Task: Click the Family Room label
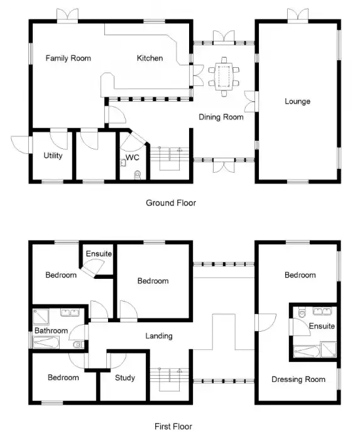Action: click(x=68, y=58)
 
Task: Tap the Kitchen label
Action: click(x=150, y=58)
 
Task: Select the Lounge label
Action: click(x=297, y=101)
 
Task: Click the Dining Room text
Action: click(x=221, y=117)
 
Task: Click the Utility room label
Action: click(x=53, y=156)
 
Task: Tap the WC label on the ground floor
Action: click(x=133, y=158)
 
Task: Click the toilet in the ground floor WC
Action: click(x=138, y=174)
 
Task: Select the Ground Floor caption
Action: click(x=171, y=203)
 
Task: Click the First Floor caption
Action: click(x=173, y=427)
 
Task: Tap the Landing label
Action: click(x=158, y=336)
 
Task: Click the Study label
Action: click(x=126, y=378)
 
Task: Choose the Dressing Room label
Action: click(x=298, y=379)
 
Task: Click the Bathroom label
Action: click(x=51, y=330)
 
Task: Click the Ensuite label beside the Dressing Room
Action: click(x=321, y=327)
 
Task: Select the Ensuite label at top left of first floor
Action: click(x=99, y=254)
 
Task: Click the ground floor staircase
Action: click(x=170, y=158)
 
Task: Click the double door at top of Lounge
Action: click(x=297, y=14)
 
